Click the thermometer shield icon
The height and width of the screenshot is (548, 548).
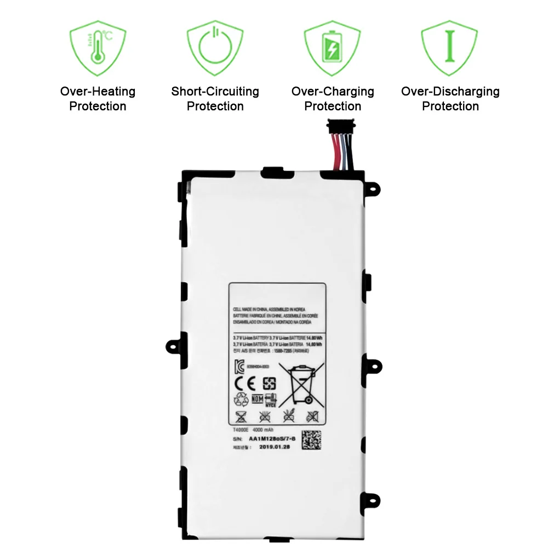[98, 48]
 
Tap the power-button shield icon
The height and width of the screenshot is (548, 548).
[215, 48]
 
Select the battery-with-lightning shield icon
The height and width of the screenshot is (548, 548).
[332, 48]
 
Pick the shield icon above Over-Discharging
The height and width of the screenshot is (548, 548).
[450, 48]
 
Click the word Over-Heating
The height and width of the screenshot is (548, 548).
[98, 92]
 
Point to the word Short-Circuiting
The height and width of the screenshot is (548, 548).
[215, 92]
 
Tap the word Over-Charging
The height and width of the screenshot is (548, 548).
[333, 92]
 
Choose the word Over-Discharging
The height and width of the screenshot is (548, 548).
[450, 92]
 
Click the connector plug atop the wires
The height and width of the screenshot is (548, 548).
[339, 127]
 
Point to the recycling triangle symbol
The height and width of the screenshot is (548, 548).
[241, 400]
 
